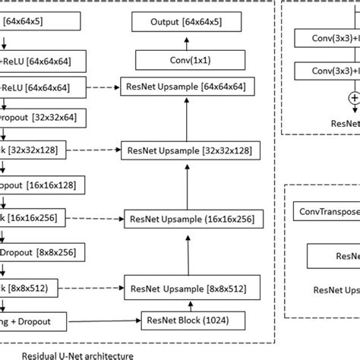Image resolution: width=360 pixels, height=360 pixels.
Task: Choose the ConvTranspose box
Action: (x=327, y=214)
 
